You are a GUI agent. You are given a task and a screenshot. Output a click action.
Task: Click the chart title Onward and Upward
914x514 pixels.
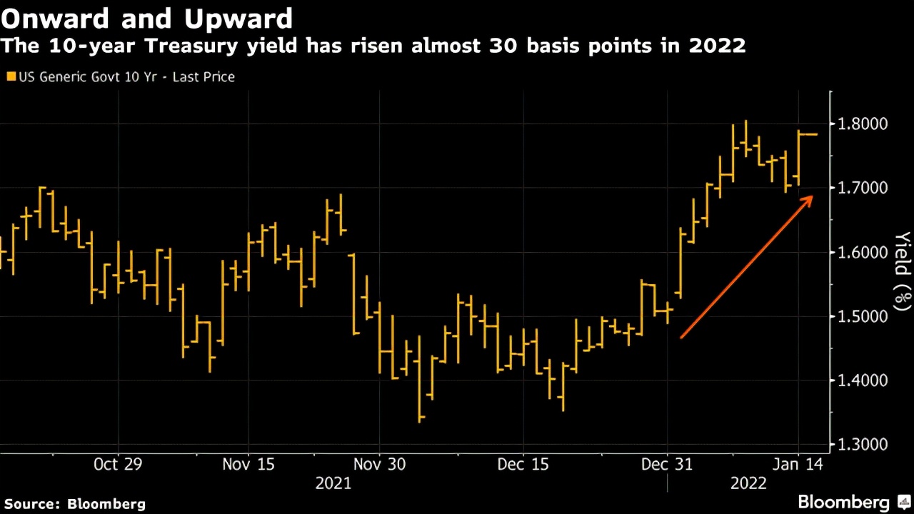pyautogui.click(x=147, y=17)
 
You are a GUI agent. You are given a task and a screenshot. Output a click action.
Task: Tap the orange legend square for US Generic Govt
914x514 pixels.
pyautogui.click(x=9, y=76)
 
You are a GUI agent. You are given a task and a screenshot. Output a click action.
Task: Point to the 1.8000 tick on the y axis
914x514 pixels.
pyautogui.click(x=862, y=124)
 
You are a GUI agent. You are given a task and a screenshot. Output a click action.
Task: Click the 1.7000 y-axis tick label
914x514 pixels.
pyautogui.click(x=862, y=188)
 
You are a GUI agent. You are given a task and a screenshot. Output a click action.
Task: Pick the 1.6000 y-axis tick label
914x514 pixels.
pyautogui.click(x=862, y=253)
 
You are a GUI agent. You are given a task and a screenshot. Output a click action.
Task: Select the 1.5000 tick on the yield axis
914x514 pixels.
pyautogui.click(x=862, y=317)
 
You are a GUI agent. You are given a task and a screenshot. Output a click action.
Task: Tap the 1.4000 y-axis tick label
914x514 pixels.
pyautogui.click(x=862, y=381)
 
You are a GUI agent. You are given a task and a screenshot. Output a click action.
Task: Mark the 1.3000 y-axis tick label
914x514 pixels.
pyautogui.click(x=862, y=445)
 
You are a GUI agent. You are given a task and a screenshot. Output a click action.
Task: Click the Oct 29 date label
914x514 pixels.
pyautogui.click(x=118, y=465)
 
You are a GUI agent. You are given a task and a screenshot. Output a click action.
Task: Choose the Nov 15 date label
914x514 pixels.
pyautogui.click(x=248, y=465)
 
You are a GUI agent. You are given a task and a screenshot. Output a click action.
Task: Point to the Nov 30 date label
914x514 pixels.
pyautogui.click(x=380, y=465)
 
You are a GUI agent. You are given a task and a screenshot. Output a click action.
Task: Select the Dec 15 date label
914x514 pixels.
pyautogui.click(x=523, y=465)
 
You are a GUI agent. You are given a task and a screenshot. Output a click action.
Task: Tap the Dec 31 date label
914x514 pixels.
pyautogui.click(x=666, y=465)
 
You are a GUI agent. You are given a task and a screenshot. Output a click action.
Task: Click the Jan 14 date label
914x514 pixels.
pyautogui.click(x=798, y=465)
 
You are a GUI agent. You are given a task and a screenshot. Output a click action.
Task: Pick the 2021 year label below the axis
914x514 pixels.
pyautogui.click(x=333, y=483)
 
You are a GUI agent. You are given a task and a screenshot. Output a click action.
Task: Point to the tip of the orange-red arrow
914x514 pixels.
pyautogui.click(x=813, y=198)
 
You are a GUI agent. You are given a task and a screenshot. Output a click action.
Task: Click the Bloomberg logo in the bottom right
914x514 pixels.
pyautogui.click(x=843, y=502)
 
